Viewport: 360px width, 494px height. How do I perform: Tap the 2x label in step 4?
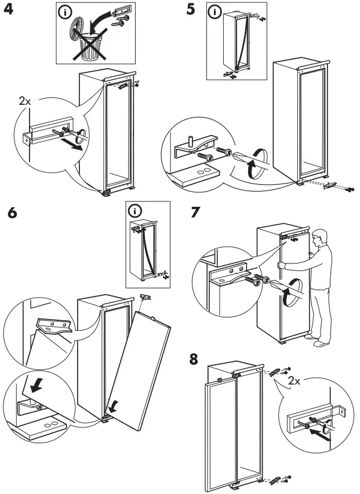(x=25, y=101)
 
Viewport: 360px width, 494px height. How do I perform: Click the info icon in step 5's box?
(x=216, y=11)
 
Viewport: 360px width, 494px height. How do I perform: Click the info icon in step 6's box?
(x=135, y=210)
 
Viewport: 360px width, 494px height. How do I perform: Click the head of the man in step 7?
(x=319, y=237)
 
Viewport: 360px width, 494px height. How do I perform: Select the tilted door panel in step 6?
(x=142, y=371)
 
